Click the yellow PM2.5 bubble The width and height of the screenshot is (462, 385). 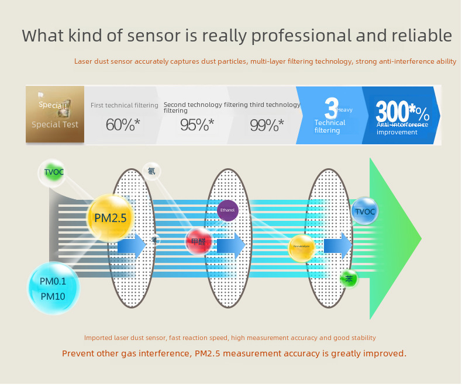pyautogui.click(x=111, y=218)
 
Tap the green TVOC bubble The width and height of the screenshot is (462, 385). pyautogui.click(x=54, y=172)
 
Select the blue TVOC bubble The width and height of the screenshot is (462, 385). pyautogui.click(x=365, y=211)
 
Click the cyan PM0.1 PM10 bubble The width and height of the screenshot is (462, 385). pyautogui.click(x=53, y=289)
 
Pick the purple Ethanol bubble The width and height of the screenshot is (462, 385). pyautogui.click(x=227, y=210)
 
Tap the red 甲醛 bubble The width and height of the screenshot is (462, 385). pyautogui.click(x=199, y=241)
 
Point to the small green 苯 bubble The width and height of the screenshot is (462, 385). pyautogui.click(x=349, y=279)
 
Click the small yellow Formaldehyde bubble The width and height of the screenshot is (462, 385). pyautogui.click(x=302, y=248)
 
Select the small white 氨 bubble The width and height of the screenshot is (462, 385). pyautogui.click(x=151, y=171)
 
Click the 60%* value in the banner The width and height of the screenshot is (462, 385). pyautogui.click(x=123, y=124)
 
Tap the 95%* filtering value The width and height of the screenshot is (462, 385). pyautogui.click(x=196, y=124)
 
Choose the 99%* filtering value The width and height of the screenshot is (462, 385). pyautogui.click(x=267, y=124)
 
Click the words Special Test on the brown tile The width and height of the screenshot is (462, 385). pyautogui.click(x=55, y=124)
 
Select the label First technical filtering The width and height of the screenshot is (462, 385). pyautogui.click(x=124, y=105)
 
